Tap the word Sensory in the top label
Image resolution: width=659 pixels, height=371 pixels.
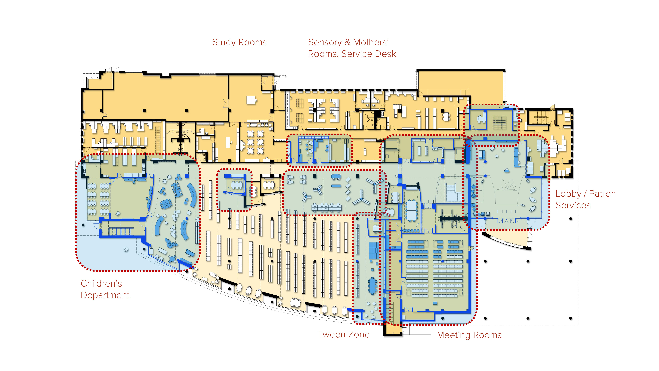click(x=325, y=42)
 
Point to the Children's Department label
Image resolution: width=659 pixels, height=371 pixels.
click(x=105, y=289)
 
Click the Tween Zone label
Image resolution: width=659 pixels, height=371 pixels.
click(x=343, y=334)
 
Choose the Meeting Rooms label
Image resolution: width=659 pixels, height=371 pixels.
click(x=469, y=335)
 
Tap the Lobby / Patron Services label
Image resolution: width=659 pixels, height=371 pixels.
click(x=585, y=200)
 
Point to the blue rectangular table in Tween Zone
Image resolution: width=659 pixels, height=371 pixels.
click(x=372, y=286)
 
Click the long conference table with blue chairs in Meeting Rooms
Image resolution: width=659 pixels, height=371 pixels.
click(x=411, y=210)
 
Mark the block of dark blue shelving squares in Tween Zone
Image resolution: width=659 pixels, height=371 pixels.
click(x=374, y=250)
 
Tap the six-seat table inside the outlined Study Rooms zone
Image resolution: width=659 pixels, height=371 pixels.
click(x=237, y=184)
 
